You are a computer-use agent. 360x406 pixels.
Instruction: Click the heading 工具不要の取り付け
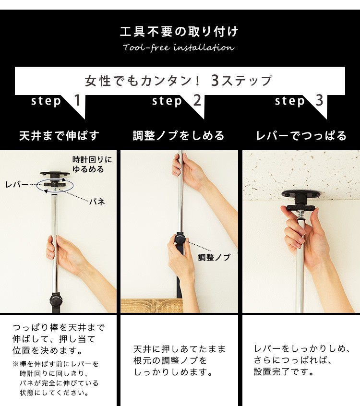pyautogui.click(x=179, y=32)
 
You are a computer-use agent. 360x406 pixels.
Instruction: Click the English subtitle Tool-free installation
pyautogui.click(x=179, y=48)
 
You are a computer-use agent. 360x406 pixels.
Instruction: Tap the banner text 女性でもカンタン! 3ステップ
pyautogui.click(x=179, y=81)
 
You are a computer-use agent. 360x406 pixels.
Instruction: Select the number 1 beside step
pyautogui.click(x=77, y=100)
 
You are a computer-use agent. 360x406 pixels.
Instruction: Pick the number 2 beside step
pyautogui.click(x=197, y=100)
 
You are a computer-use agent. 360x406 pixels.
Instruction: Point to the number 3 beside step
pyautogui.click(x=320, y=100)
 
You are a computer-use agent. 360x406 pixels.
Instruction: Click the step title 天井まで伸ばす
pyautogui.click(x=60, y=136)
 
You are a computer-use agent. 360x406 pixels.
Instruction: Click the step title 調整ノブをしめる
pyautogui.click(x=179, y=136)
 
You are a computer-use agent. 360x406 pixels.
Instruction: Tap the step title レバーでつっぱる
pyautogui.click(x=301, y=136)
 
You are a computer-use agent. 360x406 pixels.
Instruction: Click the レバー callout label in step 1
pyautogui.click(x=17, y=184)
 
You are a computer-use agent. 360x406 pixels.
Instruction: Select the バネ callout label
pyautogui.click(x=97, y=202)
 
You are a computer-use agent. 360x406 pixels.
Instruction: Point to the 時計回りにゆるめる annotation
pyautogui.click(x=92, y=165)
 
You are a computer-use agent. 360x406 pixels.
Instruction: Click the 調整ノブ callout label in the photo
pyautogui.click(x=214, y=257)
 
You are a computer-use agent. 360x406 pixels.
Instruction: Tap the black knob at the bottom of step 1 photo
pyautogui.click(x=56, y=301)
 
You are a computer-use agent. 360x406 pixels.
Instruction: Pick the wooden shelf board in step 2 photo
pyautogui.click(x=152, y=306)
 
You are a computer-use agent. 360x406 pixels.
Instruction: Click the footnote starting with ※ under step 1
pyautogui.click(x=56, y=379)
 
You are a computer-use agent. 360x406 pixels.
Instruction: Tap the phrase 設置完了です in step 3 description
pyautogui.click(x=284, y=372)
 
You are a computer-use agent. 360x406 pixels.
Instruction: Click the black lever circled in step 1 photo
pyautogui.click(x=54, y=184)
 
